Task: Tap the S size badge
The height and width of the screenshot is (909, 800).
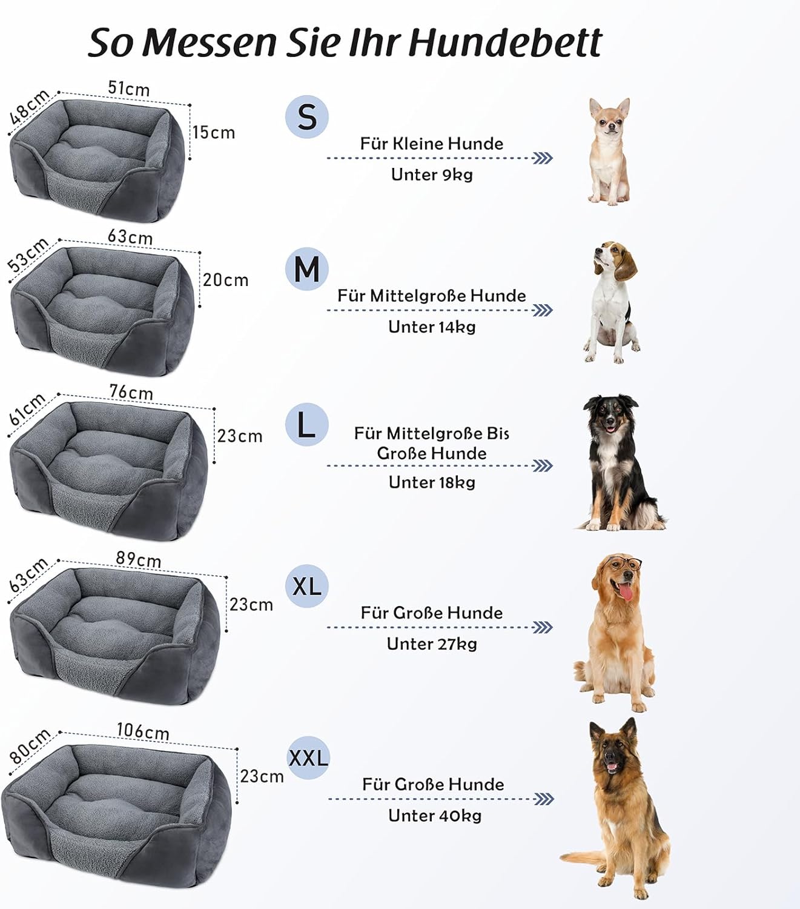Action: click(307, 116)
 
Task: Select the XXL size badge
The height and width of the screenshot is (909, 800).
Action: click(308, 757)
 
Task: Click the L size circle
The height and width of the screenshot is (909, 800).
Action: click(306, 425)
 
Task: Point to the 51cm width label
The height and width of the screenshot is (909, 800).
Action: click(128, 88)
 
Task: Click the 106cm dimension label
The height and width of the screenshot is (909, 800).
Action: click(142, 731)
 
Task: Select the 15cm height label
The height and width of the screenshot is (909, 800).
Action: click(214, 133)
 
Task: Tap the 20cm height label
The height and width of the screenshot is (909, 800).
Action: click(225, 280)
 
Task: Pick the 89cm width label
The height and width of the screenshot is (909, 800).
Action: click(139, 559)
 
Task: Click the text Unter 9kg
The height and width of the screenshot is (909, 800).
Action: click(431, 175)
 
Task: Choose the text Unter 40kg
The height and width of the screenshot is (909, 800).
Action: click(434, 816)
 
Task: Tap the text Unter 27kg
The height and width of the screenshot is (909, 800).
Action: click(432, 644)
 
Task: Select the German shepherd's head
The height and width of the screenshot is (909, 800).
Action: click(613, 751)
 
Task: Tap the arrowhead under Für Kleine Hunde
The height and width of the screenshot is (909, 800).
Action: click(543, 158)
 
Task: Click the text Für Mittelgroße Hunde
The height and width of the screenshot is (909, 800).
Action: click(431, 296)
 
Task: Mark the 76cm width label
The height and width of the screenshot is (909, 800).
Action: click(131, 393)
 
